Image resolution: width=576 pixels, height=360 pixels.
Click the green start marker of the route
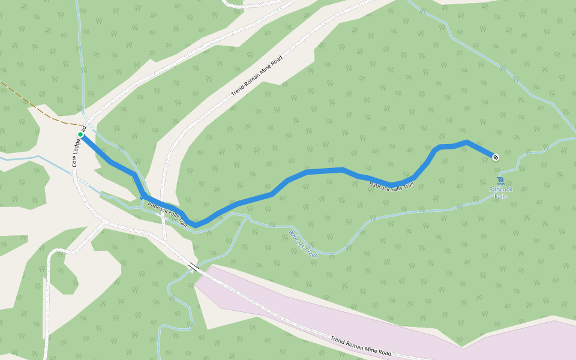[x=80, y=134]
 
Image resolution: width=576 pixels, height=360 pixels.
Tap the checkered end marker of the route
[x=496, y=157]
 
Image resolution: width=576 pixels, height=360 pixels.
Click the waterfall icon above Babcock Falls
[x=500, y=181]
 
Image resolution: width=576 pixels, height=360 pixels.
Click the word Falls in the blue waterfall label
[x=500, y=196]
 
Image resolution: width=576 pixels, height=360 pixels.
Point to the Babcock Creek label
[x=303, y=244]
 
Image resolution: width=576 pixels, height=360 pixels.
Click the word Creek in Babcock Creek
[x=310, y=251]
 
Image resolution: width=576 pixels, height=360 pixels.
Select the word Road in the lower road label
[x=383, y=352]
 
